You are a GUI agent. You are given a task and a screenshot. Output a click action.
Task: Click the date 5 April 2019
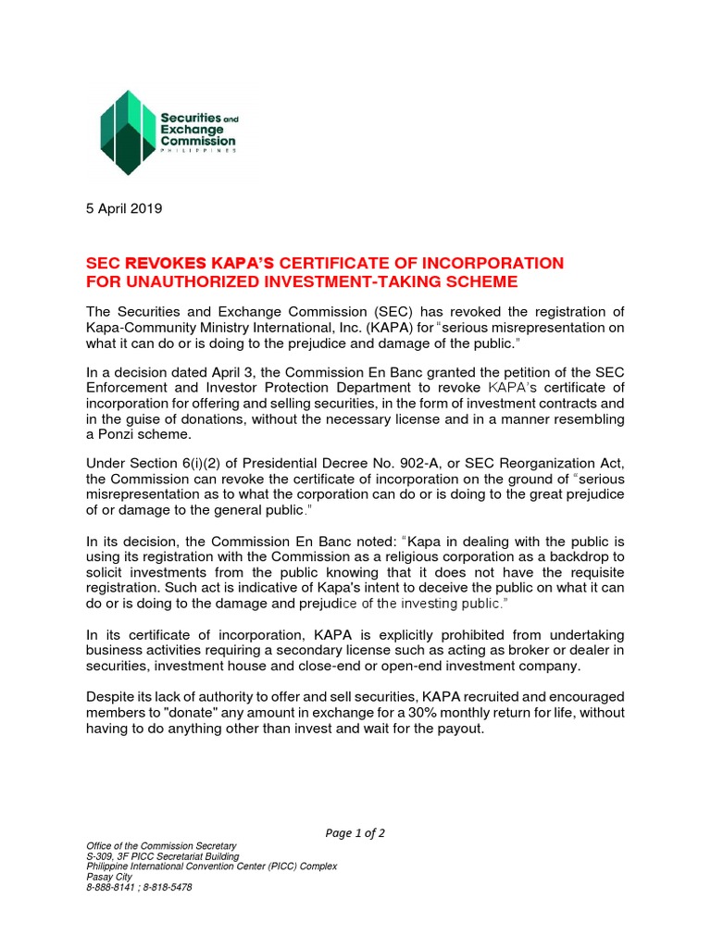click(x=124, y=208)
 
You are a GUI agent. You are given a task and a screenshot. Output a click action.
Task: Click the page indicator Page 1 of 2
click(x=355, y=833)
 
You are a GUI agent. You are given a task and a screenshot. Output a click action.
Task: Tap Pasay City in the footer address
click(x=109, y=877)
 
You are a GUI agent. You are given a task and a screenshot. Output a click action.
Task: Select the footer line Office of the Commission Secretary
click(x=161, y=846)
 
